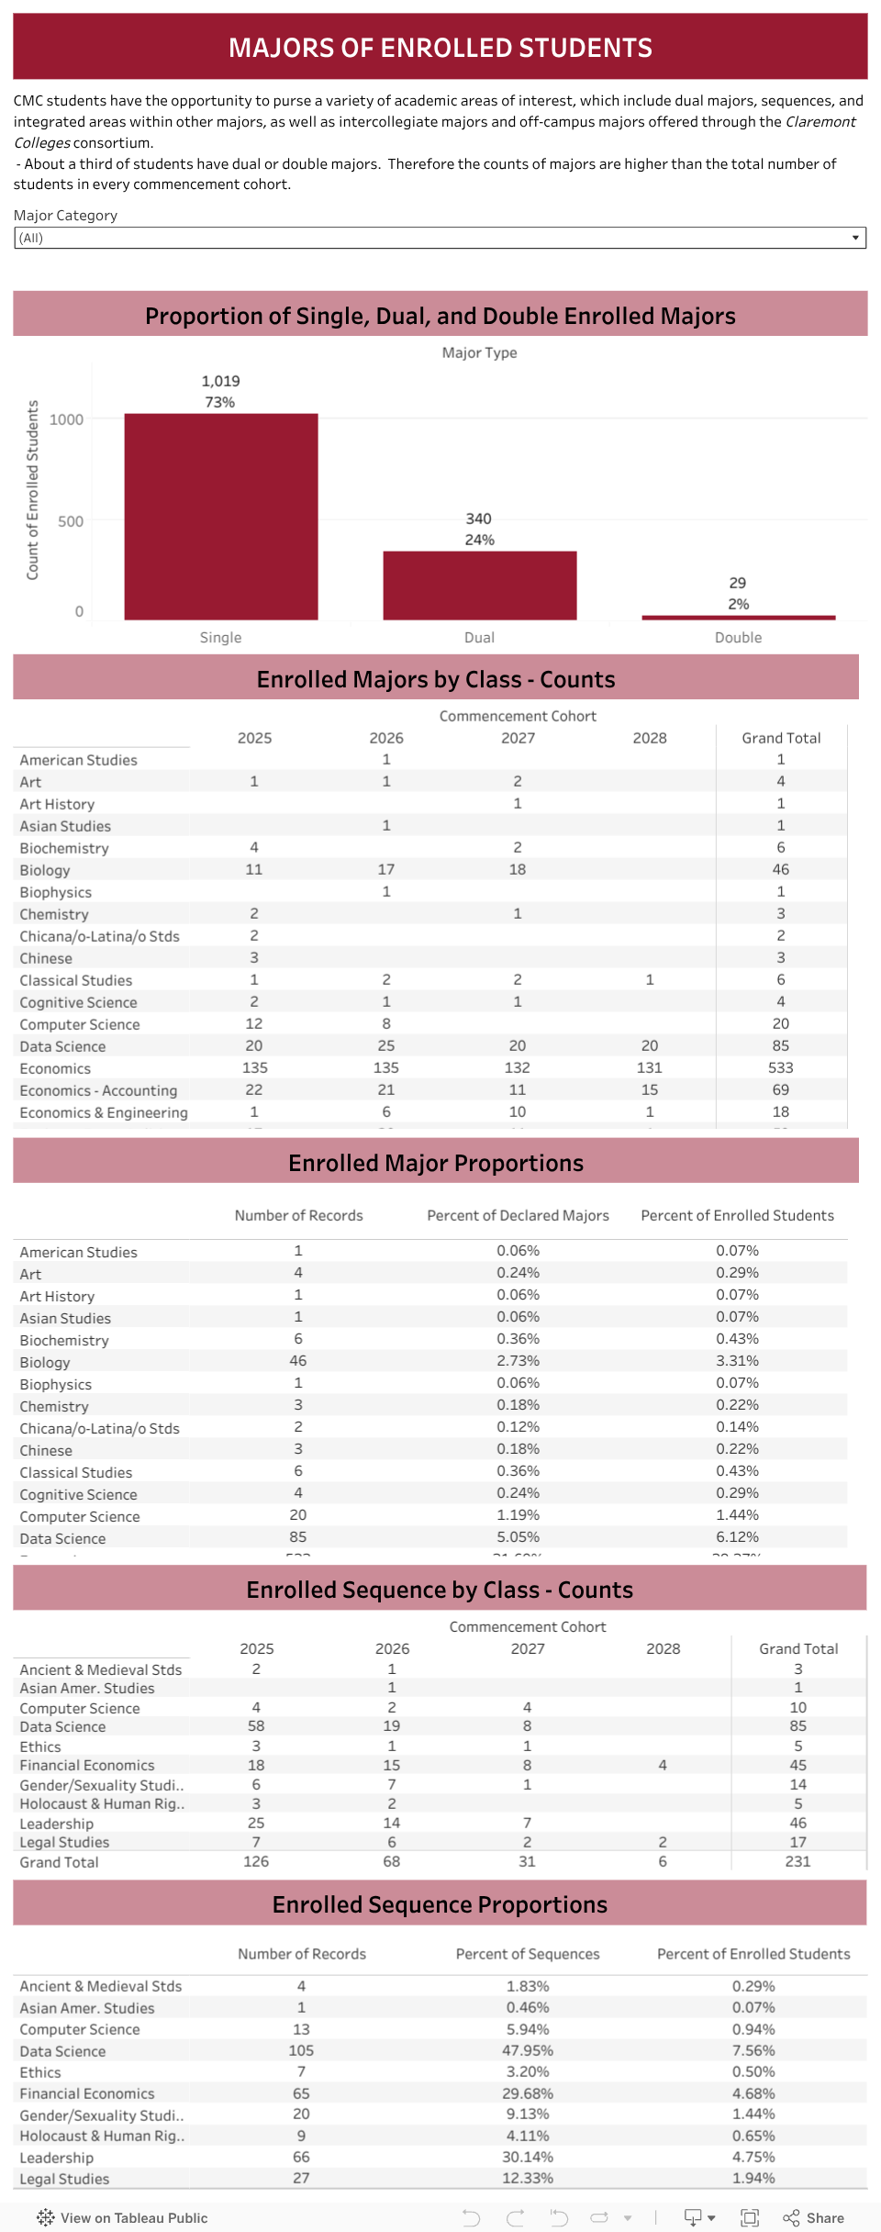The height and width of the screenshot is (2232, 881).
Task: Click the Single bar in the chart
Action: pyautogui.click(x=221, y=516)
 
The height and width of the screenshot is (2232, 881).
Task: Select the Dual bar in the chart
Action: pyautogui.click(x=479, y=586)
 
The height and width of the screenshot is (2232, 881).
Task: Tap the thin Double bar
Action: pyautogui.click(x=738, y=618)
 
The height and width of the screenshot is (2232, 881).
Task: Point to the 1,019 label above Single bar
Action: pyautogui.click(x=220, y=381)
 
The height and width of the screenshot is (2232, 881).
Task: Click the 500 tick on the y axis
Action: pyautogui.click(x=71, y=521)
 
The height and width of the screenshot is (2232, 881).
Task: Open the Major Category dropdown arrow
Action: pyautogui.click(x=855, y=238)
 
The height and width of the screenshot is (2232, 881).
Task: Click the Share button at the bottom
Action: pyautogui.click(x=814, y=2217)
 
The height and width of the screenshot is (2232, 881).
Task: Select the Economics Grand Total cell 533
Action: pyautogui.click(x=781, y=1067)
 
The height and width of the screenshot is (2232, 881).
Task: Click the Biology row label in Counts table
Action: pyautogui.click(x=45, y=870)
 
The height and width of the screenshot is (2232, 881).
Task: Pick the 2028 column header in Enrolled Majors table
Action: pyautogui.click(x=650, y=738)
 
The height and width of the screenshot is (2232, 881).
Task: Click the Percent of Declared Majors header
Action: pyautogui.click(x=518, y=1215)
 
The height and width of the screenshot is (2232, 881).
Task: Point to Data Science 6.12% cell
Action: pyautogui.click(x=737, y=1536)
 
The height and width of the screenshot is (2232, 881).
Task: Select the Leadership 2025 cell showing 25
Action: pyautogui.click(x=256, y=1823)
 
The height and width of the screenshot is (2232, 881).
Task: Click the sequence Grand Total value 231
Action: pyautogui.click(x=797, y=1861)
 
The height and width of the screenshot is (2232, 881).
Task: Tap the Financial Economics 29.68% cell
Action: pyautogui.click(x=528, y=2093)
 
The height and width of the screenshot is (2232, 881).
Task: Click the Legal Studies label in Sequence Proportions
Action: pyautogui.click(x=64, y=2179)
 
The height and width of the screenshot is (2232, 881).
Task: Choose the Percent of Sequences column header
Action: pyautogui.click(x=528, y=1954)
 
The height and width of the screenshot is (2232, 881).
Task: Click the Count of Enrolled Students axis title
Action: pyautogui.click(x=33, y=490)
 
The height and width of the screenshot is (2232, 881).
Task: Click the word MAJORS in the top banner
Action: pyautogui.click(x=281, y=48)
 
